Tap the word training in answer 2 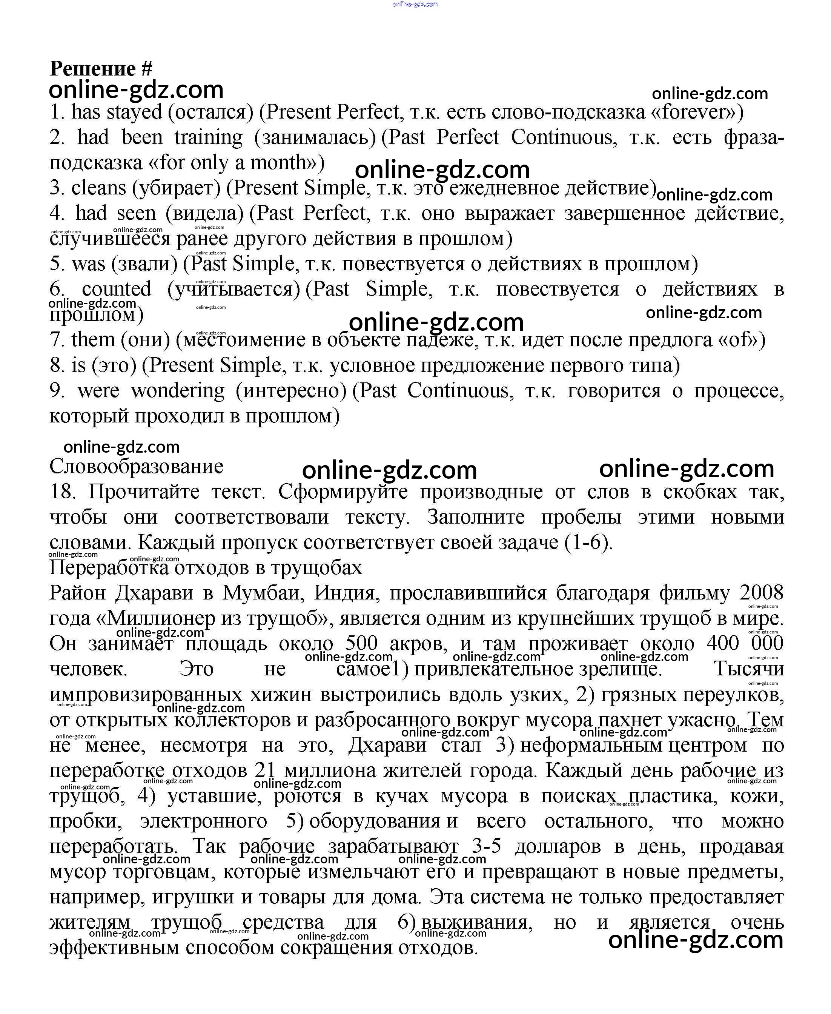pos(208,137)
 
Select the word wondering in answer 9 pos(178,390)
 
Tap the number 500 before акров pos(361,643)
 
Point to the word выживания pos(476,922)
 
